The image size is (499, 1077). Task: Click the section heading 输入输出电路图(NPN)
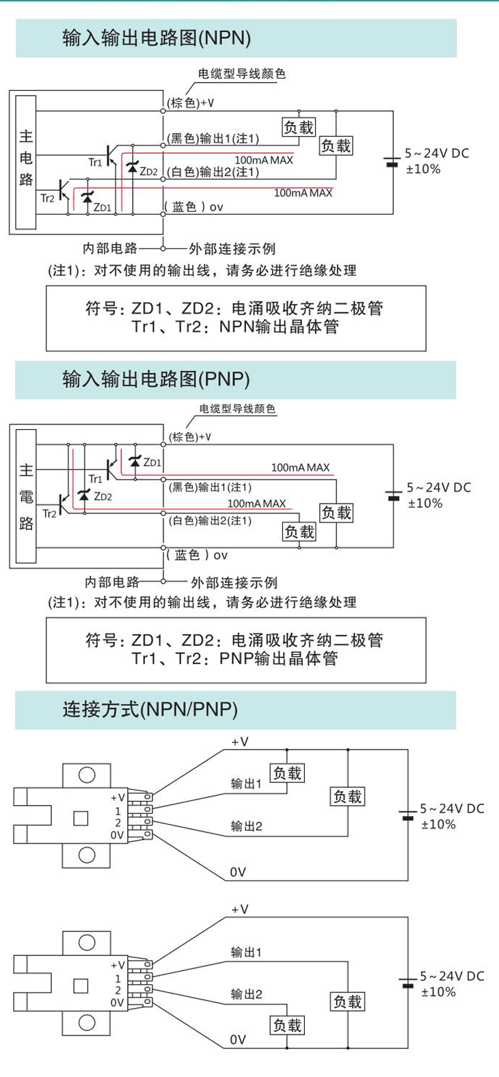click(157, 38)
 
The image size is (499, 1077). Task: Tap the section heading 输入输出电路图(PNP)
click(156, 379)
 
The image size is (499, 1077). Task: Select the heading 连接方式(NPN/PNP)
click(150, 709)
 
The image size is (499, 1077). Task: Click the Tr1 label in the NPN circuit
click(95, 162)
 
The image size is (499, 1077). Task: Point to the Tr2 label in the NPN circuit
click(47, 198)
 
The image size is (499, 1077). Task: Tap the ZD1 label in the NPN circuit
click(102, 206)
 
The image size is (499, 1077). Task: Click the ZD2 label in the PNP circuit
click(103, 497)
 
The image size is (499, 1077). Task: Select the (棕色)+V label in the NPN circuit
click(191, 103)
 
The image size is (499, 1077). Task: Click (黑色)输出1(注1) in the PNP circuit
click(210, 487)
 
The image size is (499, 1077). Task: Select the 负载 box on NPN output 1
click(299, 127)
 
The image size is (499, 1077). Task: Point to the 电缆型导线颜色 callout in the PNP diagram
click(237, 409)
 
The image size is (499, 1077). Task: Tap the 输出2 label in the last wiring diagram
click(246, 994)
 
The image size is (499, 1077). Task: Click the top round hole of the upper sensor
click(87, 774)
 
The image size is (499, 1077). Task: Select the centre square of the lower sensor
click(81, 985)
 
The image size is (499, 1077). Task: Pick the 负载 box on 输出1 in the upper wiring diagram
click(287, 773)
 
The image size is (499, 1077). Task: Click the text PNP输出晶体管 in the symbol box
click(279, 659)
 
